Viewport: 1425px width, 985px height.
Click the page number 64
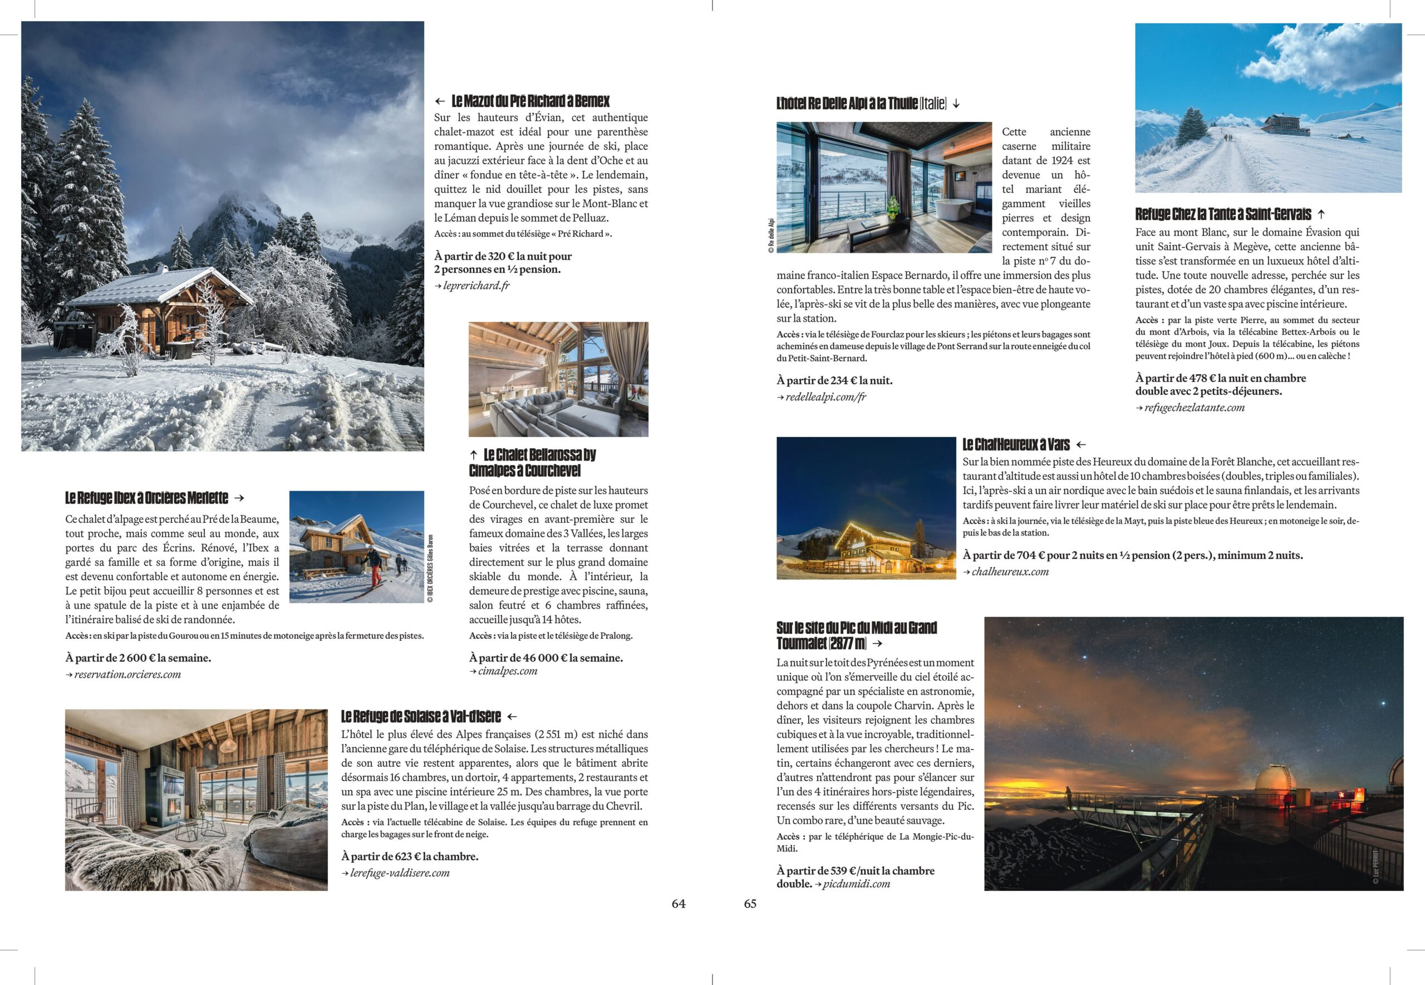tap(678, 904)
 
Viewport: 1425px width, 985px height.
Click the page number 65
tap(749, 904)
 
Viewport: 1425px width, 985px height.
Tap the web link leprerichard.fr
tap(475, 286)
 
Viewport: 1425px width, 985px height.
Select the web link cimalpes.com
tap(507, 671)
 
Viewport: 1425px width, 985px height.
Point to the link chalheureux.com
tap(1010, 571)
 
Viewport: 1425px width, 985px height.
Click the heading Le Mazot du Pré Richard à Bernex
tap(530, 101)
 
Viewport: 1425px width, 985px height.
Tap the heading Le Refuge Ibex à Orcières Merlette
tap(147, 498)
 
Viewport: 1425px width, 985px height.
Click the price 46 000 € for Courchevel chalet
tap(546, 658)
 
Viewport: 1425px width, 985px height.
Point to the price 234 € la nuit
tap(834, 381)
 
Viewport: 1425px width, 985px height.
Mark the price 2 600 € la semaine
tap(137, 658)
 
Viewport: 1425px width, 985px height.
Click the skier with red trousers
tap(373, 565)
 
